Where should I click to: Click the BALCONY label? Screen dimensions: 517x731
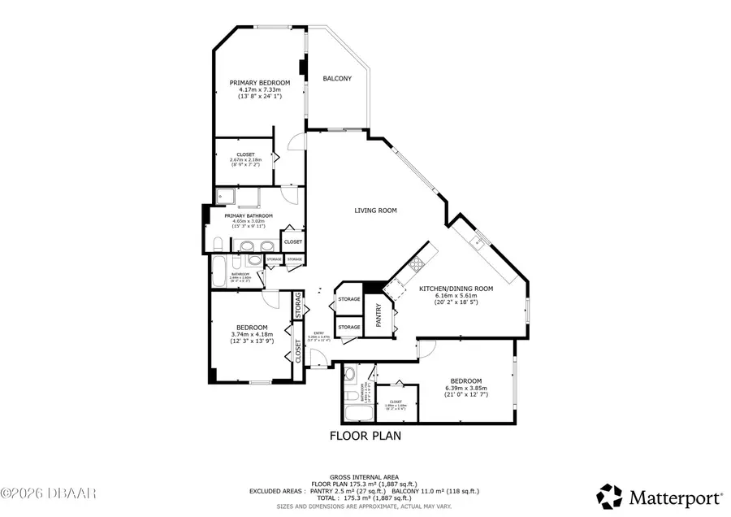click(337, 79)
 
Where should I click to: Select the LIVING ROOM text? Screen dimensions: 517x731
click(375, 211)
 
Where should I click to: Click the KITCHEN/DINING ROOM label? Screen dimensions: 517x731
click(456, 289)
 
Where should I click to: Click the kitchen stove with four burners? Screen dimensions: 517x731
click(416, 263)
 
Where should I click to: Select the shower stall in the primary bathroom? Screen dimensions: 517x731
click(227, 198)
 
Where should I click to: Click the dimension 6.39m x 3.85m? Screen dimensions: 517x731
click(466, 388)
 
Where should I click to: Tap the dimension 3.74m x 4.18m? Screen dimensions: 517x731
click(251, 334)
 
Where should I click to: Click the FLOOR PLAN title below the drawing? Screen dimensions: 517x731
click(365, 436)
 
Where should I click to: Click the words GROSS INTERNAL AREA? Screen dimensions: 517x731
click(365, 477)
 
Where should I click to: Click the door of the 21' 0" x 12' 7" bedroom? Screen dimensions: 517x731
click(428, 347)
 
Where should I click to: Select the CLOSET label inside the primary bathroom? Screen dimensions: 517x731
click(293, 241)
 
